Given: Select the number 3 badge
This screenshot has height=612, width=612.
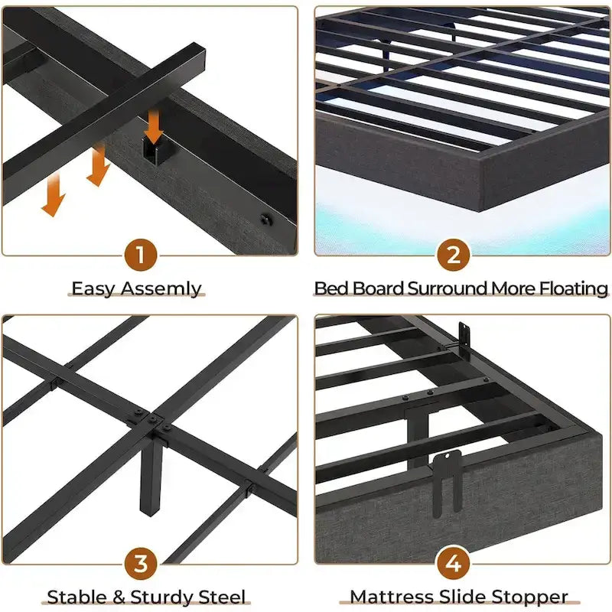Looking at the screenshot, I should pos(141,564).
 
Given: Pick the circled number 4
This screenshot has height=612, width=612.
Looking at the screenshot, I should pos(454,564).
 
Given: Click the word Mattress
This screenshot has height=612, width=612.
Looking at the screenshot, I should pos(388,597).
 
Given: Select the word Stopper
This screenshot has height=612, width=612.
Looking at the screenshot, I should pos(528,597).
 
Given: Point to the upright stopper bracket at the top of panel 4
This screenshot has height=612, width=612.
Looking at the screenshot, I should pos(464,337).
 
